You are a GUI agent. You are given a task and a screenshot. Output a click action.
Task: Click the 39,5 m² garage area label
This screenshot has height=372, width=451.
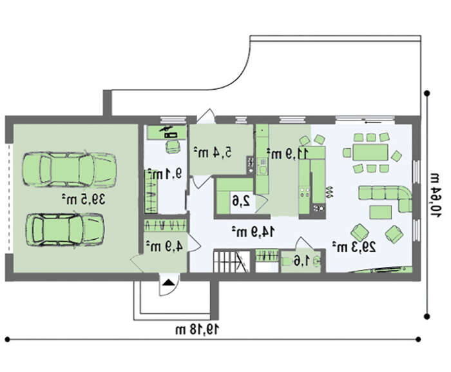point(83,199)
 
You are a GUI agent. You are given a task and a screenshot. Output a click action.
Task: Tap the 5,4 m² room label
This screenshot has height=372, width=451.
point(212,152)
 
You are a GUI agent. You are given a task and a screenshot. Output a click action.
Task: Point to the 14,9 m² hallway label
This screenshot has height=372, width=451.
point(253,231)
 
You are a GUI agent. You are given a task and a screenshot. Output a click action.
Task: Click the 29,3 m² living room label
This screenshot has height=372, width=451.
point(354,246)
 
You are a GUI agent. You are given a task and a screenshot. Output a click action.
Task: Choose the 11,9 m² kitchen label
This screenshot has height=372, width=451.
point(287,153)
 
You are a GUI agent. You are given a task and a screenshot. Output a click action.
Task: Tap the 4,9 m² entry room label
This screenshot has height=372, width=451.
point(164,246)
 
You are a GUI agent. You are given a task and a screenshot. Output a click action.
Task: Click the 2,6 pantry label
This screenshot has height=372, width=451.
point(241,201)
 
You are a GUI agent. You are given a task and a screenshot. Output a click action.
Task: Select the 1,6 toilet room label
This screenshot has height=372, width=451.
point(302,261)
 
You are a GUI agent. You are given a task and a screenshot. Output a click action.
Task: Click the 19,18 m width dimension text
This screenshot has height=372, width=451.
point(197,329)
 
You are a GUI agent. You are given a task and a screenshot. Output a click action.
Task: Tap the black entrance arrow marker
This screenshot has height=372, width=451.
point(168,282)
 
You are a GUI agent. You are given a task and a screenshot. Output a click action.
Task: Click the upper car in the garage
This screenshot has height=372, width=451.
point(70,170)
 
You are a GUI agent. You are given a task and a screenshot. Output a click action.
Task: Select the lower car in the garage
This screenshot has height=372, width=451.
point(65,230)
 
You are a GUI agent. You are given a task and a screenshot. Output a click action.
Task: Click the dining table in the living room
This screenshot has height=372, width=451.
point(370,152)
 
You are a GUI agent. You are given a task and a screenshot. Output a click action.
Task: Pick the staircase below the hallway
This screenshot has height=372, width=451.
point(231,261)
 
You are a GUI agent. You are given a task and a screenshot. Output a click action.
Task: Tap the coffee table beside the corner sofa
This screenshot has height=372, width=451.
point(380,212)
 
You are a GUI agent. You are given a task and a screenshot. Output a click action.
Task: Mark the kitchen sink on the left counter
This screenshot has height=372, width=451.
point(262,170)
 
